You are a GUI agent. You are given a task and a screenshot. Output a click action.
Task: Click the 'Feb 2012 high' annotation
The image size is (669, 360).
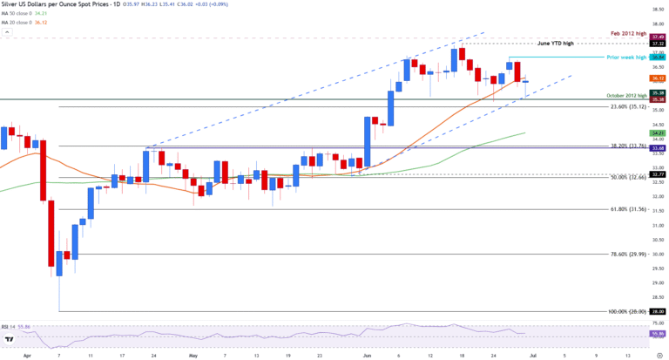[629, 33]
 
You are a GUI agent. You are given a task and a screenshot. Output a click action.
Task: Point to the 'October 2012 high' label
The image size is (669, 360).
[626, 95]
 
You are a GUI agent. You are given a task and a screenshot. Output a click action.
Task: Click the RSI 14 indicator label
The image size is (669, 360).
[17, 323]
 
